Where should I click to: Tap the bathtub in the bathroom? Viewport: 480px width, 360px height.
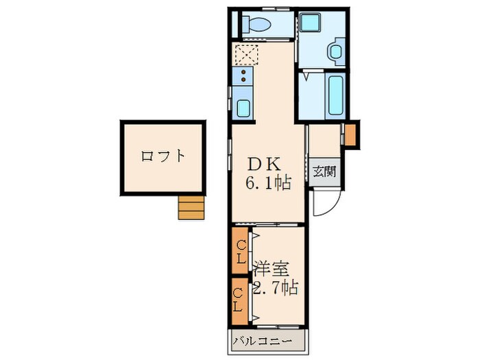pos(336,95)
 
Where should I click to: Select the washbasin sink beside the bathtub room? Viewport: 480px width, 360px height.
pos(337,51)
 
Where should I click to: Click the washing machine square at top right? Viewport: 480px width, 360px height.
pos(310,23)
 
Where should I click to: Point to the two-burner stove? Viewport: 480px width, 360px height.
pos(243,76)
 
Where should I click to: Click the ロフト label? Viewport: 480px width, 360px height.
pos(163,156)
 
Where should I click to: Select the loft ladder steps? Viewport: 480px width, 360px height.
pos(191,207)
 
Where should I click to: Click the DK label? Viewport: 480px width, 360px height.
pos(264,165)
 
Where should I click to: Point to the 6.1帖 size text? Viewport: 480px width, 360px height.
pos(267,183)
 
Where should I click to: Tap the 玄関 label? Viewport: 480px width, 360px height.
pos(324,171)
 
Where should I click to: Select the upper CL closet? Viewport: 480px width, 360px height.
pos(240,251)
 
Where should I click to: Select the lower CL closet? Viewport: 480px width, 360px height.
pos(240,301)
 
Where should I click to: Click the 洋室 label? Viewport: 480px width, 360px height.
pos(271,269)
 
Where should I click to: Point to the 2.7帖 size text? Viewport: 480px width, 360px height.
pos(275,288)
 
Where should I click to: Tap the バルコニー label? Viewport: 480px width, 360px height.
pos(261,341)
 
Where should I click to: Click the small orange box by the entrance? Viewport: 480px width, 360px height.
pos(350,134)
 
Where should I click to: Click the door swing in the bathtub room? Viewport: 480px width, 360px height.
pos(307,75)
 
